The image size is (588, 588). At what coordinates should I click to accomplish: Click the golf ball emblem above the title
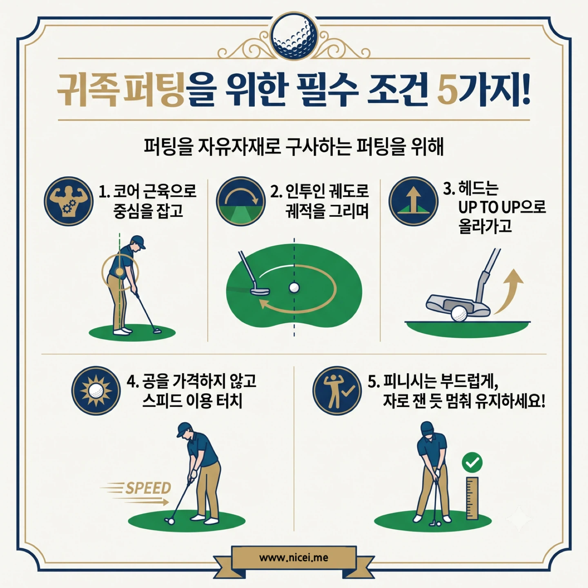tap(294, 36)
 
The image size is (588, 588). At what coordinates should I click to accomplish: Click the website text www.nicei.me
tap(294, 558)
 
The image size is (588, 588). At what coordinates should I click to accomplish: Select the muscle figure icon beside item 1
tap(69, 201)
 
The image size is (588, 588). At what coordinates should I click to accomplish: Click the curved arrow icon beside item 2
tap(241, 201)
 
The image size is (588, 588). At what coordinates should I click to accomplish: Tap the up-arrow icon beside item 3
tap(414, 201)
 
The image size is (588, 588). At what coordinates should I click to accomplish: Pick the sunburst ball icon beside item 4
tap(96, 391)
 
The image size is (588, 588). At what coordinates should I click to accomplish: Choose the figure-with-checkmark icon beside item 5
tap(337, 391)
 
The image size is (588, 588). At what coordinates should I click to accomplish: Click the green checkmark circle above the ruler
tap(472, 462)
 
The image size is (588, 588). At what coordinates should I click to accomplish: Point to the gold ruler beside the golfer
tap(472, 498)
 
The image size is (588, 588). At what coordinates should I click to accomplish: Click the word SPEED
tap(148, 488)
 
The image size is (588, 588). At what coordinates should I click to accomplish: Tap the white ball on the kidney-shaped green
tap(294, 287)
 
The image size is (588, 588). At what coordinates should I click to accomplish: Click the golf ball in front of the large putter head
tap(458, 314)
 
